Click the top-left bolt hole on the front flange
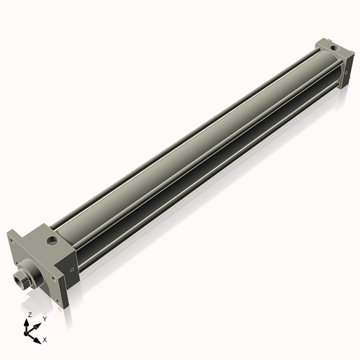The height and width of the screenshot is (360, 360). (x=11, y=240)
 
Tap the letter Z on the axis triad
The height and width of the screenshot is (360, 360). (x=30, y=315)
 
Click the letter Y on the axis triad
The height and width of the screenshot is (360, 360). (x=45, y=318)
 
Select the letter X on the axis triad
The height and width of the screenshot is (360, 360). (x=45, y=338)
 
